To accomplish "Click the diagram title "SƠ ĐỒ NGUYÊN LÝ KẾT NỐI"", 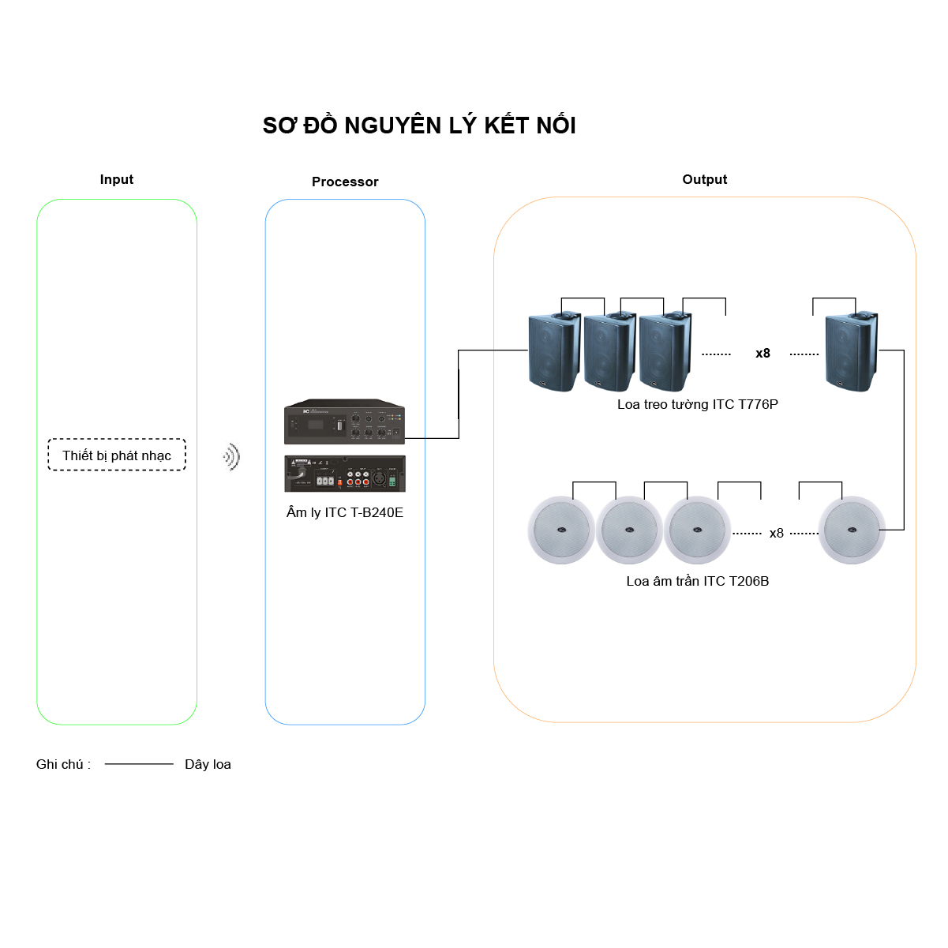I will [419, 126].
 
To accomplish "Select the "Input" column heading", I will [117, 180].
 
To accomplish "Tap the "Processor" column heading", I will [345, 182].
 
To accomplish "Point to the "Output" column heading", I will [705, 180].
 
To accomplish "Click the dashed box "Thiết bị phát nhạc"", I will [117, 455].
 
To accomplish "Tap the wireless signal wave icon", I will [231, 456].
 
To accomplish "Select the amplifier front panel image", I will [344, 422].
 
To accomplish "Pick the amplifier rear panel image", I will [345, 474].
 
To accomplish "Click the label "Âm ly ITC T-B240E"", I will [345, 513].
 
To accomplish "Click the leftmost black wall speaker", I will [554, 352].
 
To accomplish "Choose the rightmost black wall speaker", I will [851, 352].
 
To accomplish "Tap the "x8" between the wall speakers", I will [763, 354].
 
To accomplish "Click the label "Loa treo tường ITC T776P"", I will [698, 405].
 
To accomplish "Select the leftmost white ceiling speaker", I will [561, 530].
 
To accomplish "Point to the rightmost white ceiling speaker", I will [852, 530].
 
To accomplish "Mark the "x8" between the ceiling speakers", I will [777, 534].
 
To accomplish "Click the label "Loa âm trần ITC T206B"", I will [698, 582].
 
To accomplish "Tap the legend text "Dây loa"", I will [208, 765].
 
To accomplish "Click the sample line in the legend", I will [139, 764].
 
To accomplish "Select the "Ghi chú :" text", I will [63, 765].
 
